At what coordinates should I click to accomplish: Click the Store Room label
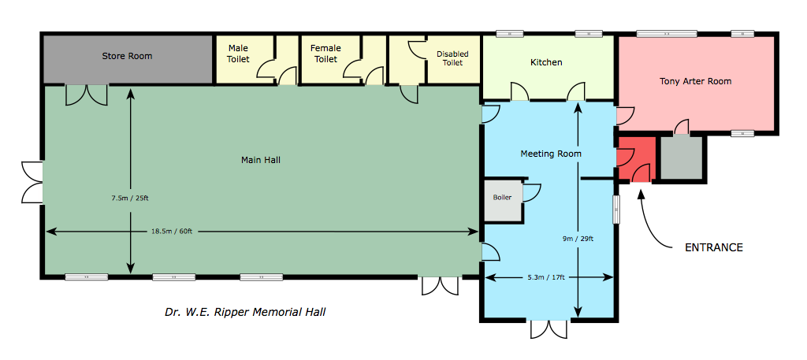coord(127,56)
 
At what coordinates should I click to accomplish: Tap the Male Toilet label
coord(238,54)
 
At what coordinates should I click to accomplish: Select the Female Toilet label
coord(325,54)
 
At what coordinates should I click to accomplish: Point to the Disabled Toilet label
coord(452,58)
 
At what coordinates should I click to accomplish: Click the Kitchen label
coord(546,63)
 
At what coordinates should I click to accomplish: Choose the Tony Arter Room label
coord(695,81)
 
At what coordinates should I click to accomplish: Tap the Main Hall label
coord(260,160)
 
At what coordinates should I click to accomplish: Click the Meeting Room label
coord(551,154)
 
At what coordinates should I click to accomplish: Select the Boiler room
coord(503,199)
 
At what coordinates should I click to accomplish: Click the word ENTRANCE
coord(713,247)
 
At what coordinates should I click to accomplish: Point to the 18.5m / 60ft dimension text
coord(172,232)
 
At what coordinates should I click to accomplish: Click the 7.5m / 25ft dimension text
coord(130,197)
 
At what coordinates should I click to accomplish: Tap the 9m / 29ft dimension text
coord(578,238)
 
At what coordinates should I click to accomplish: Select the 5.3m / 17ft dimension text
coord(550,278)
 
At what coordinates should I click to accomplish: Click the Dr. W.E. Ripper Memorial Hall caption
coord(245,312)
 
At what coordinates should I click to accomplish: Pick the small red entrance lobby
coord(636,158)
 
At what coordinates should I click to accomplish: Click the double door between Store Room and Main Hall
coord(87,95)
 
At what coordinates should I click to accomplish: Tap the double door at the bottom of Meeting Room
coord(549,329)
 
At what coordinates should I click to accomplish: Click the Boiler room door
coord(532,192)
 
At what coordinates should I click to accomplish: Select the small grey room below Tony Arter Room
coord(682,158)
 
